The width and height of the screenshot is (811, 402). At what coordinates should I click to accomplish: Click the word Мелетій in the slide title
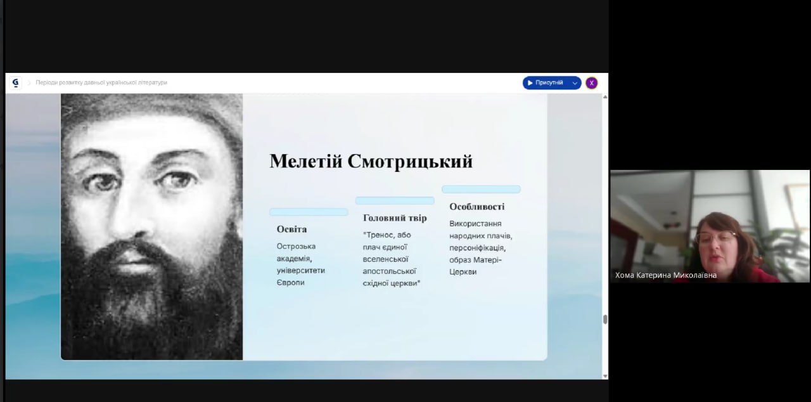pos(306,161)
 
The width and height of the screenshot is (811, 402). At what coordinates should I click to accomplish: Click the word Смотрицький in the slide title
pos(410,162)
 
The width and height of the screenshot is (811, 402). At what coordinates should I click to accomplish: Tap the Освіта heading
pos(291,230)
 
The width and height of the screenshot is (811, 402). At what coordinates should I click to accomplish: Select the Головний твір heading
pos(395,218)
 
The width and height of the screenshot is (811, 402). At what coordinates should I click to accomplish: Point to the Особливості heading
pos(477,207)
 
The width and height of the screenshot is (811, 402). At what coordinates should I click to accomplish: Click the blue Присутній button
pos(546,83)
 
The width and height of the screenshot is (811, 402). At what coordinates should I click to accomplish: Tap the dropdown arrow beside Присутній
pos(575,83)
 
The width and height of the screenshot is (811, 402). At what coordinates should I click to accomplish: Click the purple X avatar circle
pos(592,83)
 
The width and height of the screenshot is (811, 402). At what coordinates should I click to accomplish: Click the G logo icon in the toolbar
pos(15,83)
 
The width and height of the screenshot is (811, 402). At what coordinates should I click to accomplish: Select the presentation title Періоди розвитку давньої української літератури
pos(101,82)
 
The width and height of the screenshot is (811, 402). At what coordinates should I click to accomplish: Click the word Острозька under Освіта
pos(296,246)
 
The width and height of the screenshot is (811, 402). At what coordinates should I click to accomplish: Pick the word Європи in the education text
pos(290,283)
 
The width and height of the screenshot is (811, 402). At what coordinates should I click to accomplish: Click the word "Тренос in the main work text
pos(379,235)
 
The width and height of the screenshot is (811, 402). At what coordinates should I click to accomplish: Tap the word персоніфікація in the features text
pos(477,248)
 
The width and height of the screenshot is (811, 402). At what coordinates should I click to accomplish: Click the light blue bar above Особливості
pos(481,189)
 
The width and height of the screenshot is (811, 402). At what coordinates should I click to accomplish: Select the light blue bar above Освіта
pos(309,212)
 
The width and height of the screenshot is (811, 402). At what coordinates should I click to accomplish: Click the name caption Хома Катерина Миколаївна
pos(666,275)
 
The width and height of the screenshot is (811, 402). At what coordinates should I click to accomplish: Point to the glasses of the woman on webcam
pos(717,236)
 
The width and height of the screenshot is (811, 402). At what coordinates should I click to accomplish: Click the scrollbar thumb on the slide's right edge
pos(605,320)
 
